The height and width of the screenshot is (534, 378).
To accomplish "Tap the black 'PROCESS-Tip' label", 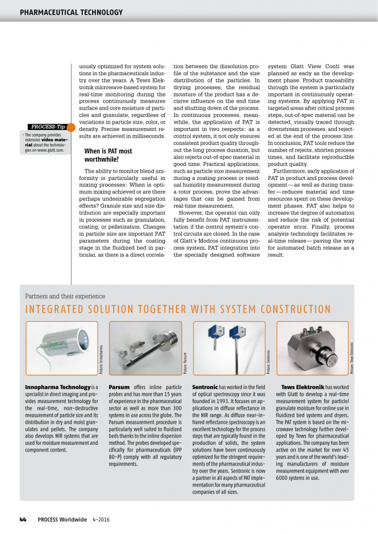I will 47,127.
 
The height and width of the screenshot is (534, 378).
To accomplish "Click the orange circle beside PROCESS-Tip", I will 70,127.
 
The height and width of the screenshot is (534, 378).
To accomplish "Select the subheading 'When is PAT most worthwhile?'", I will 108,155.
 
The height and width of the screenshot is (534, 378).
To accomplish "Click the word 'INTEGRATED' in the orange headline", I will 55,309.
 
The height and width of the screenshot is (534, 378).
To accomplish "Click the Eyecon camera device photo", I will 62,347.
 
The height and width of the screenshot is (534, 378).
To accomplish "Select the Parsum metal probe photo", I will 145,347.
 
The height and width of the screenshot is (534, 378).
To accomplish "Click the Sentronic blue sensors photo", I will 229,347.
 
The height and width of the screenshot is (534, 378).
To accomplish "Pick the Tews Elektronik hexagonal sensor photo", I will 312,347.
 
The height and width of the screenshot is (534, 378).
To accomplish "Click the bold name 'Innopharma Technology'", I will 58,387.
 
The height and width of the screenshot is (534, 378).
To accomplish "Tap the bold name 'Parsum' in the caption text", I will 119,387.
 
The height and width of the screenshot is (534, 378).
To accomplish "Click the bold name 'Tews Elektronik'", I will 302,387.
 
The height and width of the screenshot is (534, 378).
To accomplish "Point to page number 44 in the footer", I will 23,519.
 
